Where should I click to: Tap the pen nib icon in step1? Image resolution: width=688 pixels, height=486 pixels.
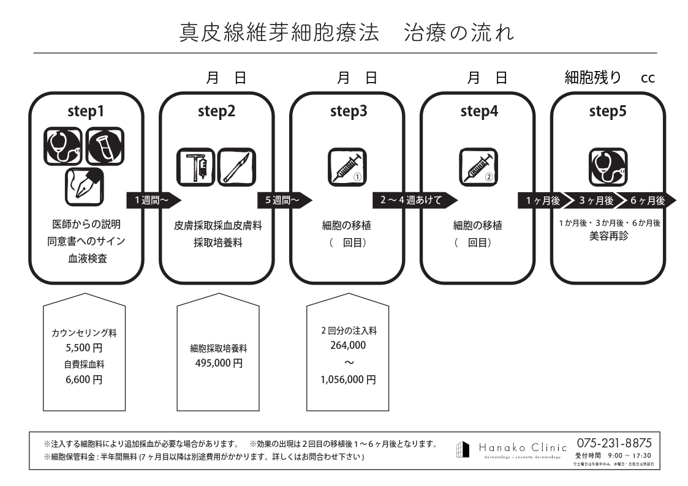(x=85, y=186)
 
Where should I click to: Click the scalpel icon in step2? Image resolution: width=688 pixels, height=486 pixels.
(x=236, y=166)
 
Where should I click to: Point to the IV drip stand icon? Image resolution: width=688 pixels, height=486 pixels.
(x=196, y=166)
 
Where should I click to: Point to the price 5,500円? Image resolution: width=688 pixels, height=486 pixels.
(x=84, y=349)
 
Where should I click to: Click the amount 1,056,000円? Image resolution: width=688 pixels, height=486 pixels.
(x=347, y=379)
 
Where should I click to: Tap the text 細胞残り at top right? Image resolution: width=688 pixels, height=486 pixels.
(x=592, y=78)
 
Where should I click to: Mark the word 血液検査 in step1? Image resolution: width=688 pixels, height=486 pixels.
(x=87, y=258)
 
